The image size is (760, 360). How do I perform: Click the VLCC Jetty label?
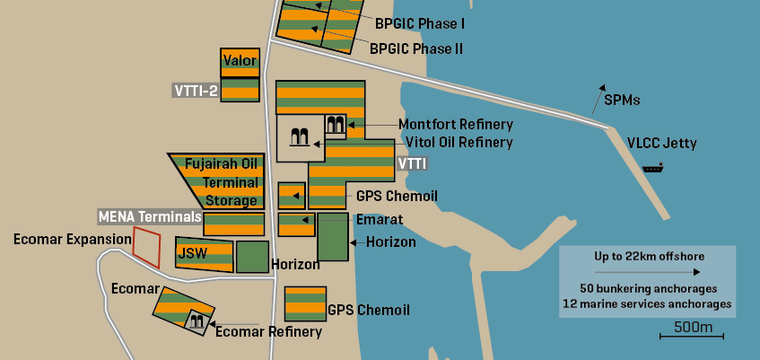coord(661,143)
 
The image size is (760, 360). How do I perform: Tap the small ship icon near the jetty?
coord(652,167)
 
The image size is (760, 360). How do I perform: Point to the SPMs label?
coord(622,100)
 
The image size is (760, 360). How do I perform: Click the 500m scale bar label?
coord(693,327)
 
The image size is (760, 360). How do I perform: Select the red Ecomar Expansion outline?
coord(146,245)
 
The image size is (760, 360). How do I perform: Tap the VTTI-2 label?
coord(196,90)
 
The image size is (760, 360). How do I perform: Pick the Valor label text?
coord(240,61)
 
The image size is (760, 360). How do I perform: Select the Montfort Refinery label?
coord(455,125)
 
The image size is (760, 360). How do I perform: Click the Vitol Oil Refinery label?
coord(459,142)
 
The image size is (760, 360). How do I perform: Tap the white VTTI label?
coord(411,164)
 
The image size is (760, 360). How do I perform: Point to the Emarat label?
coord(380,219)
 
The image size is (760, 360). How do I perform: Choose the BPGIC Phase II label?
coord(415,48)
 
